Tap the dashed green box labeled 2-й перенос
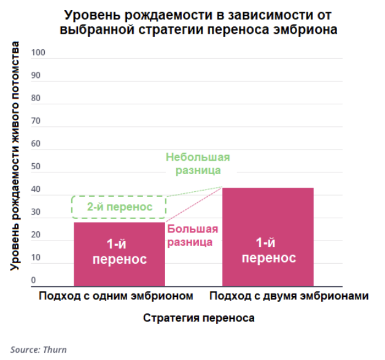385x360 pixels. click(120, 207)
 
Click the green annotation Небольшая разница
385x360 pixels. click(193, 163)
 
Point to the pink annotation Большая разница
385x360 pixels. click(193, 236)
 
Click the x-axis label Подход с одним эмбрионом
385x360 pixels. click(116, 296)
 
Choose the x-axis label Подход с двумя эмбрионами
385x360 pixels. click(289, 296)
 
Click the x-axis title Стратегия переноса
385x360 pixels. click(199, 319)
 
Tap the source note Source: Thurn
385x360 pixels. click(38, 350)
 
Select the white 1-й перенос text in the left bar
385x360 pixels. click(119, 251)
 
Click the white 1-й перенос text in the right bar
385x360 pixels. click(268, 250)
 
